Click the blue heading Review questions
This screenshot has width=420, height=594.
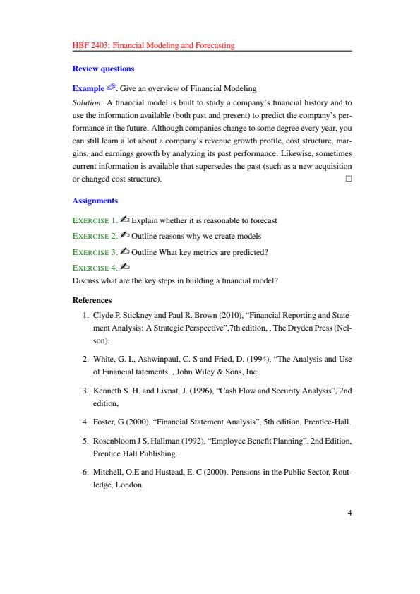click(103, 69)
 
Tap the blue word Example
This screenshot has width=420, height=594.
click(88, 88)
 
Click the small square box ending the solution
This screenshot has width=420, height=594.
click(348, 179)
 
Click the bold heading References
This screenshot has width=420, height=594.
click(92, 299)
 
